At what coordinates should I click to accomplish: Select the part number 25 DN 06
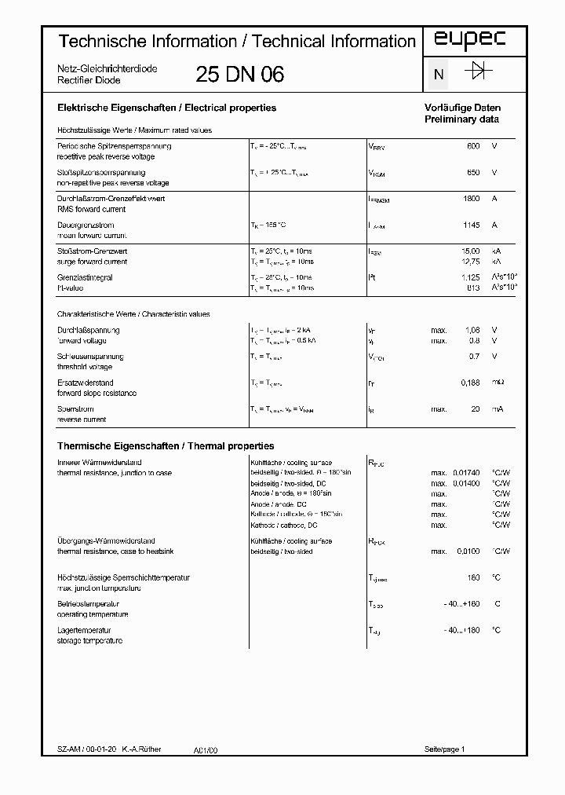tap(239, 75)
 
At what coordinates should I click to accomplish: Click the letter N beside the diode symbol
tap(439, 75)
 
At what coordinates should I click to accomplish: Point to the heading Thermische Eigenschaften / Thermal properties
tap(166, 445)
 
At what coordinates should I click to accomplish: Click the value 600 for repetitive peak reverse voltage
tap(472, 146)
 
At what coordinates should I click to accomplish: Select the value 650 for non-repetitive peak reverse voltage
tap(472, 172)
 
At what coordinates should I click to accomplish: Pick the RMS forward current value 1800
tap(471, 199)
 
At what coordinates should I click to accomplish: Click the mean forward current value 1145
tap(471, 225)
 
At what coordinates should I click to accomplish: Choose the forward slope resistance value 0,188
tap(468, 383)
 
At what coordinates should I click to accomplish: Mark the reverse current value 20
tap(475, 409)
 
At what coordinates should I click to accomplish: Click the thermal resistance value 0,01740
tap(465, 472)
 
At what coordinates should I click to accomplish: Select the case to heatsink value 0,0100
tap(467, 551)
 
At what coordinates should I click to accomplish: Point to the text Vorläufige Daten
tap(462, 108)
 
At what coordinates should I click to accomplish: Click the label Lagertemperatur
tap(84, 630)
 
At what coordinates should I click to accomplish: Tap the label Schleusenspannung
tap(90, 357)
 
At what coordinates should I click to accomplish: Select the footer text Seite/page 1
tap(445, 749)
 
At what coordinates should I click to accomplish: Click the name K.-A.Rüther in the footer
tap(141, 749)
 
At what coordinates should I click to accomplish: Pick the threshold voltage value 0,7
tap(474, 357)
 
